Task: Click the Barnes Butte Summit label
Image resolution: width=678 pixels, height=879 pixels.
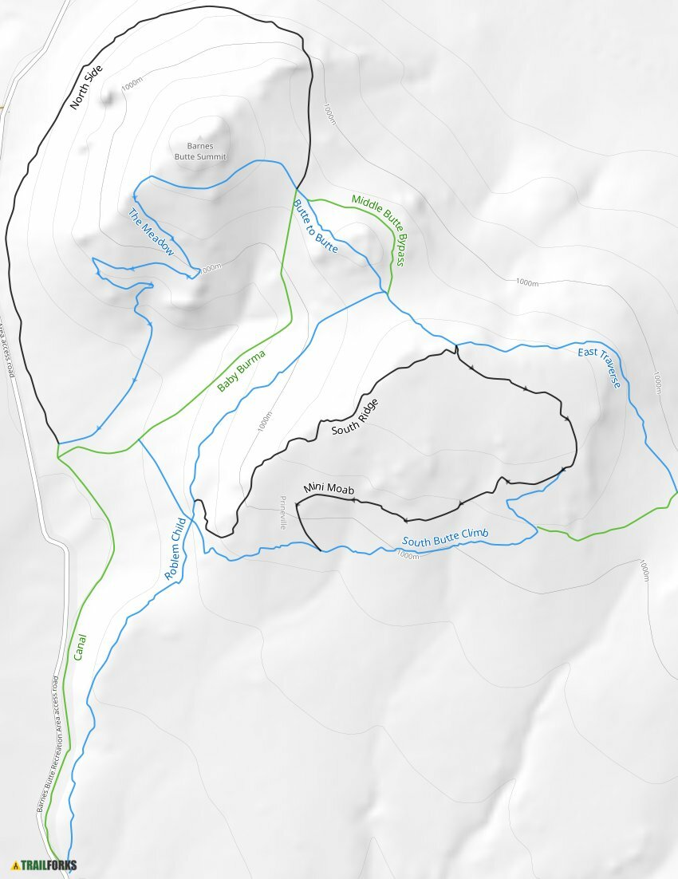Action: tap(200, 152)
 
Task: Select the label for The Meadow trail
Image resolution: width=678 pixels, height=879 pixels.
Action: tap(151, 232)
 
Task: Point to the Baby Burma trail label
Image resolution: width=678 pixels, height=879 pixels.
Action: tap(241, 372)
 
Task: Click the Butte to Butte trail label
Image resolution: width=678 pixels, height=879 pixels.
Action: tap(315, 227)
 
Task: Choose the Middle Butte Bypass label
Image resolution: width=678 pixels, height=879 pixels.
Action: tap(378, 230)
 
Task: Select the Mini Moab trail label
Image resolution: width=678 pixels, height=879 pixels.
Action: tap(327, 488)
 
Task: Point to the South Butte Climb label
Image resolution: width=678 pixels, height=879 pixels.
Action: tap(444, 538)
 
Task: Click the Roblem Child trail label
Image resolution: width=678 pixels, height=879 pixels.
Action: tap(175, 549)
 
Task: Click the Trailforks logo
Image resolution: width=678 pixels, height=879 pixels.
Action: tap(44, 865)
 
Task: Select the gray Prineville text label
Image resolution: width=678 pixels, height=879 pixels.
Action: tap(282, 512)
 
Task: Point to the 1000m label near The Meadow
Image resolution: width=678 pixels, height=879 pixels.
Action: tap(210, 269)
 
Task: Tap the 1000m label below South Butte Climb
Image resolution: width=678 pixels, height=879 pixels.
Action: tap(407, 556)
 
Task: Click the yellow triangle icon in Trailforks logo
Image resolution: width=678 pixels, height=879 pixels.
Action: tap(15, 865)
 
